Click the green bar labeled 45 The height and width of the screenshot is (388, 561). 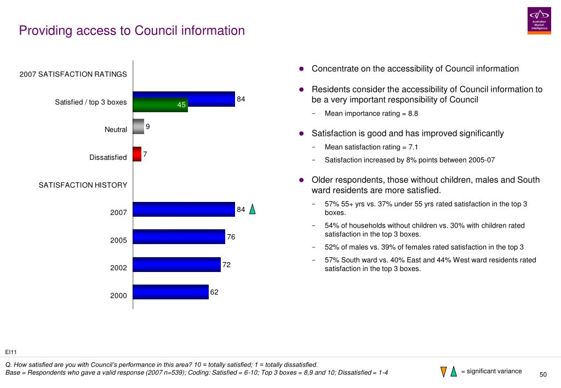pyautogui.click(x=161, y=105)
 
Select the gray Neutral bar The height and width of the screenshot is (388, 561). pyautogui.click(x=139, y=126)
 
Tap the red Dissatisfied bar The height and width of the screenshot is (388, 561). pyautogui.click(x=137, y=154)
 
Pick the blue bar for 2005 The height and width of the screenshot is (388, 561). pyautogui.click(x=179, y=236)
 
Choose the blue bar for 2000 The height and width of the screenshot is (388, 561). pyautogui.click(x=171, y=292)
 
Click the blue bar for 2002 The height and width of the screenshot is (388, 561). pyautogui.click(x=177, y=264)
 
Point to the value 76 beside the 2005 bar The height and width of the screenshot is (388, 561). pyautogui.click(x=231, y=237)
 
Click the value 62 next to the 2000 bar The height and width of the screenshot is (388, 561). pyautogui.click(x=214, y=292)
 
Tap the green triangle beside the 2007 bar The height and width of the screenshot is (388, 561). pyautogui.click(x=252, y=209)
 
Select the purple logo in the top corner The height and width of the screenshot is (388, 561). pyautogui.click(x=539, y=21)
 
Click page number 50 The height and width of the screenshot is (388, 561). pyautogui.click(x=543, y=374)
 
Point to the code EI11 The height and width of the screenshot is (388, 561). pyautogui.click(x=11, y=352)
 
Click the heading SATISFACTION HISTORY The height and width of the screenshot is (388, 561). pyautogui.click(x=83, y=185)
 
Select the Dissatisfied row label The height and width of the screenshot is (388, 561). pyautogui.click(x=108, y=157)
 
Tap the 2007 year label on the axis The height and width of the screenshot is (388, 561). pyautogui.click(x=118, y=212)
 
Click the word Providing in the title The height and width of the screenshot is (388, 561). pyautogui.click(x=46, y=31)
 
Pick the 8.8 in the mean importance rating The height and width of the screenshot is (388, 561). pyautogui.click(x=413, y=114)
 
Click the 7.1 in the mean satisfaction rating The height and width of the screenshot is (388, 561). pyautogui.click(x=413, y=147)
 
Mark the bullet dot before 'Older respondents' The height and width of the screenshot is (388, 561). pyautogui.click(x=302, y=180)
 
